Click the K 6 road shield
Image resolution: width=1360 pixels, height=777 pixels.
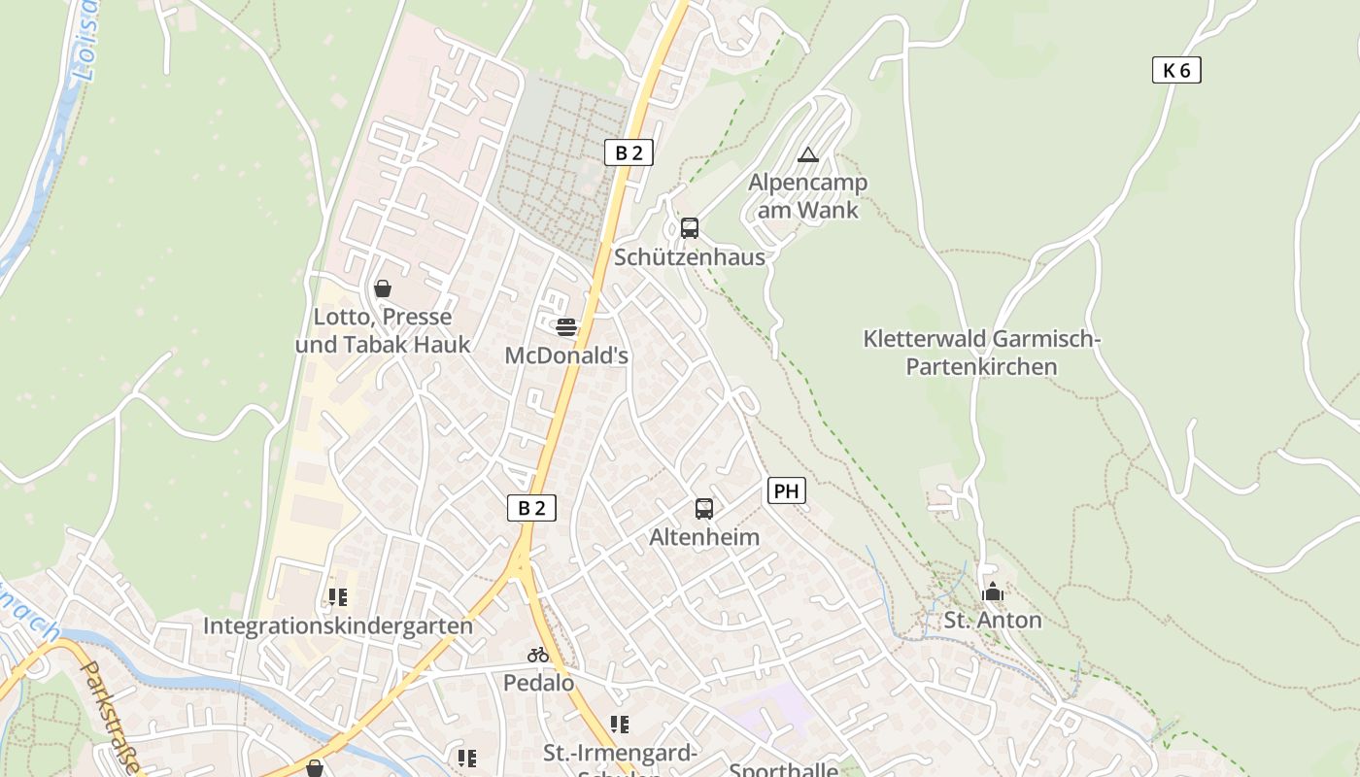click(x=1176, y=70)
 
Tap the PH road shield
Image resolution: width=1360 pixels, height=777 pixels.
click(x=787, y=491)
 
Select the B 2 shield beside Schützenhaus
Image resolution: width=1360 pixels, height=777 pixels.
click(x=629, y=152)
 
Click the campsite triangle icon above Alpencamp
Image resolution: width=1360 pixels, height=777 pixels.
click(x=807, y=154)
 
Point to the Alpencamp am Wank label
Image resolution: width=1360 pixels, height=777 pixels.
click(x=807, y=196)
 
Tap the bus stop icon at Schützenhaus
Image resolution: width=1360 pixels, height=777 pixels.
click(x=690, y=228)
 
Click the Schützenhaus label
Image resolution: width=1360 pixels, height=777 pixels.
click(x=690, y=257)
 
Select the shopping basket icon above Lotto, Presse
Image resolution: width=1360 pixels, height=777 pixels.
click(x=383, y=288)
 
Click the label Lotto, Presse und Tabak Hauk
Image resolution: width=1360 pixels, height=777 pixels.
click(x=383, y=330)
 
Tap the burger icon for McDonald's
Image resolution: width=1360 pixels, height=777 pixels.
click(x=566, y=327)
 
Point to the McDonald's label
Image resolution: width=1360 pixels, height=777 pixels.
click(x=566, y=355)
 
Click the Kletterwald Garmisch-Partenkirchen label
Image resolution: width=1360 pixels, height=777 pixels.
click(x=981, y=353)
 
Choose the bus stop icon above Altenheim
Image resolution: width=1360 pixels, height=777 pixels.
click(x=704, y=508)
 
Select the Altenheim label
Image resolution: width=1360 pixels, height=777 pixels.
click(x=704, y=537)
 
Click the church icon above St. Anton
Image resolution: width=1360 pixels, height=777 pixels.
click(x=993, y=591)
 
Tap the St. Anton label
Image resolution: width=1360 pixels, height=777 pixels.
click(x=993, y=620)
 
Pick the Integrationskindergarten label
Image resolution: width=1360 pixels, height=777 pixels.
click(x=338, y=625)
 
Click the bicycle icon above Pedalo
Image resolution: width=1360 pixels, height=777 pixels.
click(x=538, y=655)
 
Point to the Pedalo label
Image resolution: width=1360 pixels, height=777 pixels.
click(x=538, y=683)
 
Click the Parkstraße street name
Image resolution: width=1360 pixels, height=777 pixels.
click(x=110, y=717)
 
